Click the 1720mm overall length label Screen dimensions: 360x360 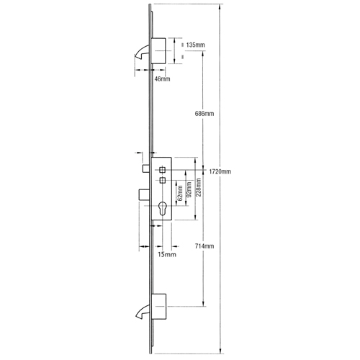coord(220,171)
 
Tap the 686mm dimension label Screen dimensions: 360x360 coord(204,114)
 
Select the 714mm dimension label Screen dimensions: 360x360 coord(204,246)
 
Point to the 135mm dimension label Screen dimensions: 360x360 coord(195,45)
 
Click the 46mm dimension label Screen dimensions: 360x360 coord(162,78)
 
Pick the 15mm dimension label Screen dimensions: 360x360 coord(167,254)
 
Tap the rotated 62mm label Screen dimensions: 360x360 coord(181,193)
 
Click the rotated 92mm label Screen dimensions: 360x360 coord(189,189)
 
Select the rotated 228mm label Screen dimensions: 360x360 coord(199,187)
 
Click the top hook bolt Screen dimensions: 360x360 coord(143,51)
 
